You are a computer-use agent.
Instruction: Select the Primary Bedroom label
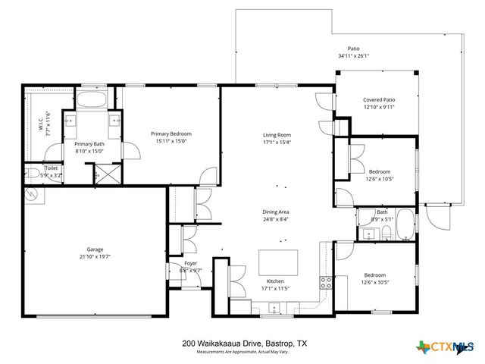click(170, 133)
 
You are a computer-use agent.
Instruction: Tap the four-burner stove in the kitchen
click(326, 283)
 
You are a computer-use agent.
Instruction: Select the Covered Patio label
click(379, 99)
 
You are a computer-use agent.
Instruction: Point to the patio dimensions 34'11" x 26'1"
click(353, 55)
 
